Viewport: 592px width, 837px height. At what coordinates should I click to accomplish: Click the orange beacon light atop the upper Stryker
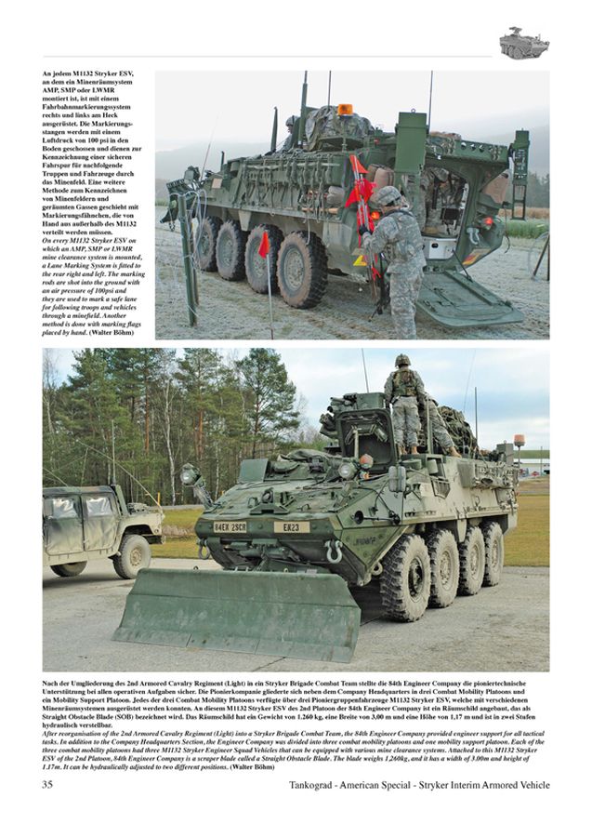pos(344,110)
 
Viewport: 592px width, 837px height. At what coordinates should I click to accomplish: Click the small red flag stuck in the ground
pos(264,245)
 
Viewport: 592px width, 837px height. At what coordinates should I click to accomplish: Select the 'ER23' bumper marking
pos(290,526)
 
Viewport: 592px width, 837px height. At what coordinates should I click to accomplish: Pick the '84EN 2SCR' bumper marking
pos(230,526)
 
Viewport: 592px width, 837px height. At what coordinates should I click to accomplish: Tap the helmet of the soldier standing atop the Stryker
pos(402,360)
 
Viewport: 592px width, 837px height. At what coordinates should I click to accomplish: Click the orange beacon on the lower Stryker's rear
pos(519,439)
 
